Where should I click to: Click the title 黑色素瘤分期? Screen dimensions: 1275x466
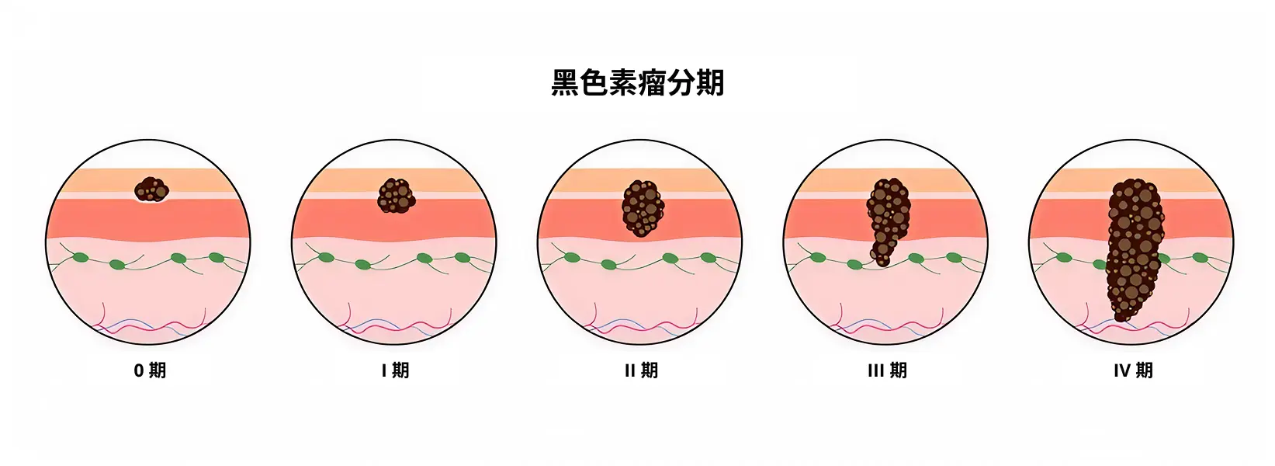coord(638,83)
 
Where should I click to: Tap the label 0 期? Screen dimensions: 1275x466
coord(150,371)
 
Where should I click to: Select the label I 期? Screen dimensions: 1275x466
coord(395,371)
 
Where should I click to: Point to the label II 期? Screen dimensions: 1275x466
coord(641,371)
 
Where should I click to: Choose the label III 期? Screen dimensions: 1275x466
coord(887,371)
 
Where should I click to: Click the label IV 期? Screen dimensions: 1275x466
coord(1133,371)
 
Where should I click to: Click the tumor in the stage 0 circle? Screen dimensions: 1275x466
coord(151,190)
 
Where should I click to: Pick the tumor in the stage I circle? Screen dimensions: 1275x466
coord(397,196)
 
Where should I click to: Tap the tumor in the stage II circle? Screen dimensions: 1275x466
coord(643,208)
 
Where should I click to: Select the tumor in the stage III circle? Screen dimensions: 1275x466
coord(887,220)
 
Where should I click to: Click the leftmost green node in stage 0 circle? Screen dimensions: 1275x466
coord(81,258)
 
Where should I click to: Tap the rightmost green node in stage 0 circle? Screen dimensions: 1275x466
coord(217,258)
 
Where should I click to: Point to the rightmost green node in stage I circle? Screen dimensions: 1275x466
coord(463,258)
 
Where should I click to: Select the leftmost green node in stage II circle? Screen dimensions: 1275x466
coord(573,258)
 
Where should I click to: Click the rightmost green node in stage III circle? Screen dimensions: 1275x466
coord(954,258)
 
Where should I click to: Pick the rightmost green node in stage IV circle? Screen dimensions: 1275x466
coord(1200,258)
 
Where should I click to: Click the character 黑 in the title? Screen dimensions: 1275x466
coord(565,83)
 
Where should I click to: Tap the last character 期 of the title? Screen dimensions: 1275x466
coord(710,83)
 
